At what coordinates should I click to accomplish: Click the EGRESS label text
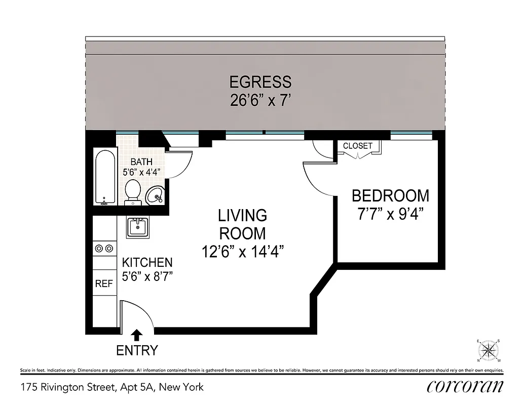(x=260, y=82)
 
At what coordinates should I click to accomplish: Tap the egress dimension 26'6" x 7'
(x=260, y=100)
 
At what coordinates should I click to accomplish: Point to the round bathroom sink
(x=155, y=195)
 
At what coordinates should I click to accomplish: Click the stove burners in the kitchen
(x=104, y=248)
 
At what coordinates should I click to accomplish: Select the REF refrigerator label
(x=104, y=284)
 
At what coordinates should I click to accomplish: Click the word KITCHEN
(x=147, y=263)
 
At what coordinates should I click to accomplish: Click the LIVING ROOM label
(x=242, y=224)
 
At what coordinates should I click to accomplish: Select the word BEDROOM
(x=390, y=195)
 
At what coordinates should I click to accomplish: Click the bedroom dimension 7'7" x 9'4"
(x=390, y=214)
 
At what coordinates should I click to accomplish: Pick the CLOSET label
(x=358, y=146)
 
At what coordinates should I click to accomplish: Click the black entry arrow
(x=137, y=335)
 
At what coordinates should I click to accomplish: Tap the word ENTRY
(x=137, y=350)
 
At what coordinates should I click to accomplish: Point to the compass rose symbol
(x=489, y=350)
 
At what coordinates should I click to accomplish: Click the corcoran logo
(x=465, y=387)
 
